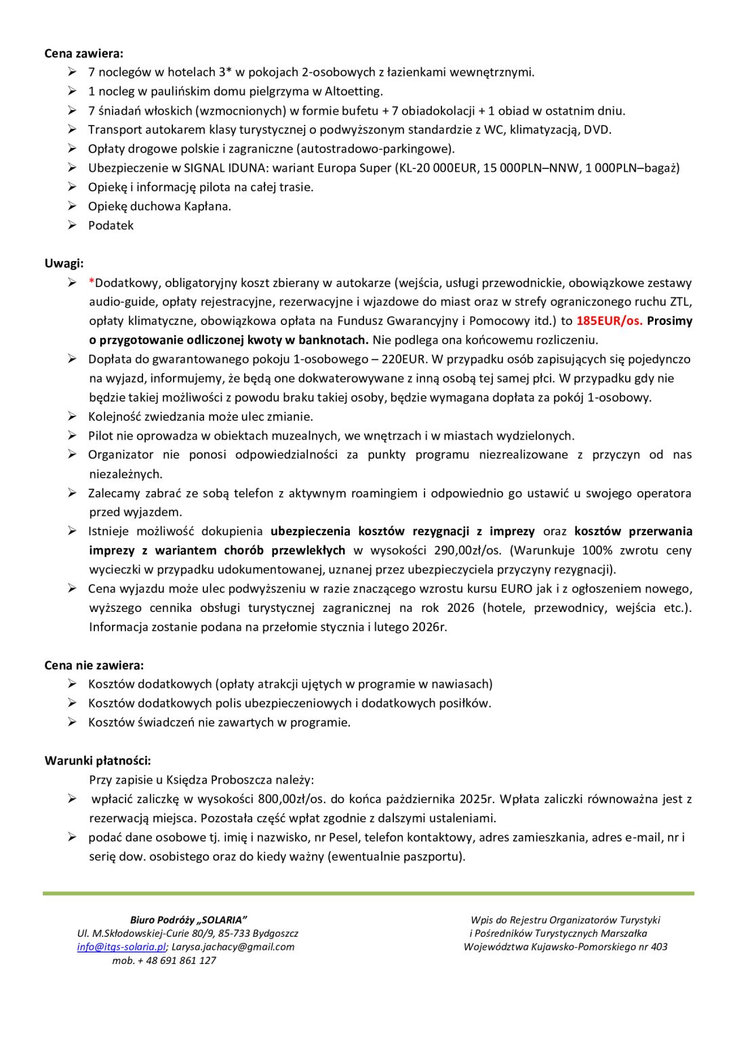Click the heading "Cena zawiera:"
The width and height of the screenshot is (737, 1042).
point(84,54)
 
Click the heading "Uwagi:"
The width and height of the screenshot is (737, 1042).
point(64,263)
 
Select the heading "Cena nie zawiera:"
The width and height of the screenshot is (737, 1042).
point(94,665)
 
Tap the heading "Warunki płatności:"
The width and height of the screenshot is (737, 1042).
point(98,760)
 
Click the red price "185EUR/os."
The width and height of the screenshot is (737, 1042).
point(609,321)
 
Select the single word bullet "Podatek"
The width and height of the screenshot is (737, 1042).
point(111,225)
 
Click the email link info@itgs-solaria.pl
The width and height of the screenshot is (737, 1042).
point(121,947)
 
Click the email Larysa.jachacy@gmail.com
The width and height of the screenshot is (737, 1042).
point(233,947)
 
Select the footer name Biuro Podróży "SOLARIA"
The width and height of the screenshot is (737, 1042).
point(188,920)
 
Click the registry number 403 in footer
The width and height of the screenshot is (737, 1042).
point(659,947)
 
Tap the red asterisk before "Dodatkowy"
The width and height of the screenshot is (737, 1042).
point(91,283)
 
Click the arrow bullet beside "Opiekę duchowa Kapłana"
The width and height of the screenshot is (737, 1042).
point(72,206)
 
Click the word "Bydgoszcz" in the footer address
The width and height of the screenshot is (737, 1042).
point(275,933)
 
